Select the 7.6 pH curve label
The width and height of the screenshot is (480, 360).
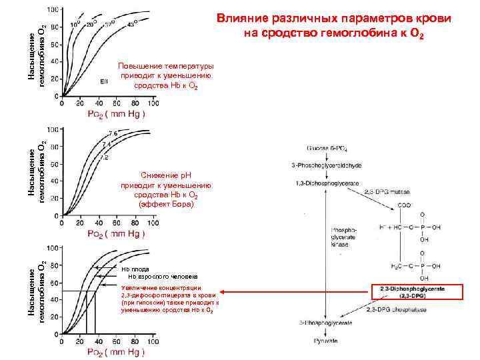(113, 134)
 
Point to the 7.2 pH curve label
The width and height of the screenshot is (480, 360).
(104, 158)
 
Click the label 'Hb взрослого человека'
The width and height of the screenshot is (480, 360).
(163, 276)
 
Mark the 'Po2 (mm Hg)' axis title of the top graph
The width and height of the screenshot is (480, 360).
(117, 113)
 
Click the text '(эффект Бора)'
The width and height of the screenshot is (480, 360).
(167, 205)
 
